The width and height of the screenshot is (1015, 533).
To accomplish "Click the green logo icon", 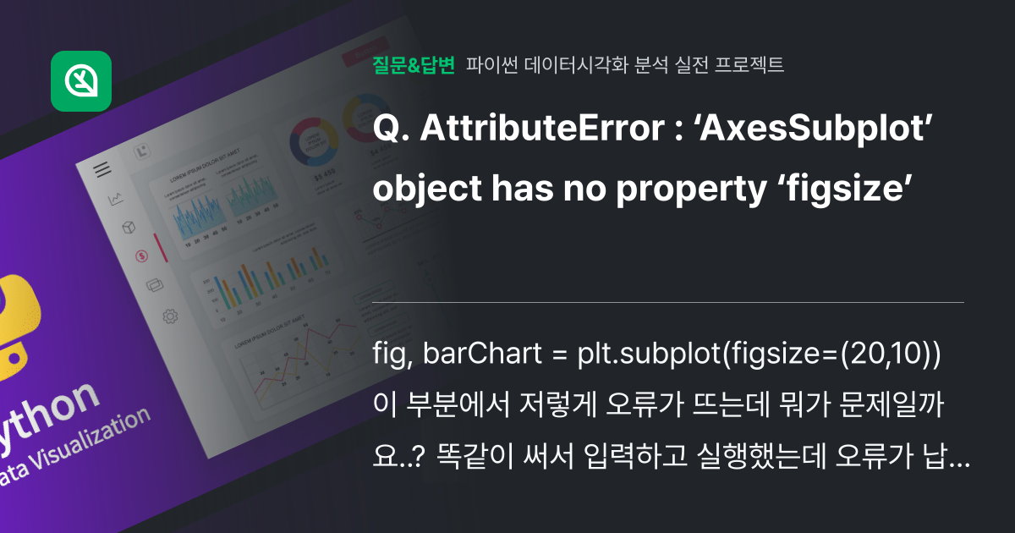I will (81, 80).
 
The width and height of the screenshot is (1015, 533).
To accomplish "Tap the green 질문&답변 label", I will (414, 64).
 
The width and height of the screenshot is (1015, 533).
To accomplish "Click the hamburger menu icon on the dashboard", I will (102, 169).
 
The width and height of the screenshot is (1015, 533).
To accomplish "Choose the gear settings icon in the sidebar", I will (169, 316).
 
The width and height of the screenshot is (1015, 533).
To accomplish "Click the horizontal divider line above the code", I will (668, 302).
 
